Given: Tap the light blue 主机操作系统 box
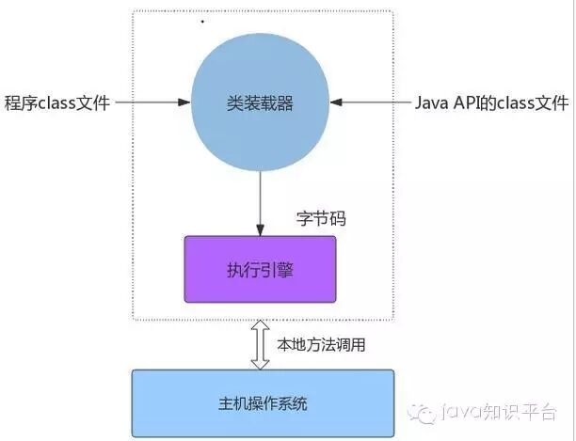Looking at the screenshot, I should [263, 404].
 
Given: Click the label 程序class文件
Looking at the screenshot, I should [59, 102].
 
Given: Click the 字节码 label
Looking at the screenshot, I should [321, 219].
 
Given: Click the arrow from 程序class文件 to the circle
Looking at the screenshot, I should [154, 102].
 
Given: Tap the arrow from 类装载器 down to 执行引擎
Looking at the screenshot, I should [261, 202].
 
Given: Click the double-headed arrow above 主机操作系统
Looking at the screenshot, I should [261, 344].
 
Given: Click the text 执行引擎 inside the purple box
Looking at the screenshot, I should [260, 269].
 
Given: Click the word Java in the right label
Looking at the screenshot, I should [430, 102].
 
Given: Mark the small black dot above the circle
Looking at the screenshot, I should [202, 20].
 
